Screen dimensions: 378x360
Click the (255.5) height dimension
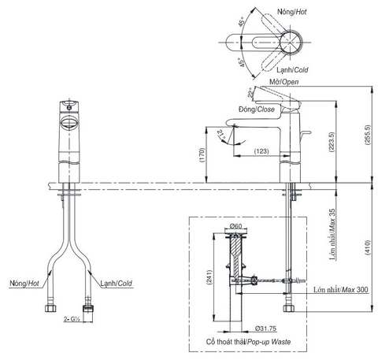[368, 135]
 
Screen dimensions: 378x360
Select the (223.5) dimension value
[332, 142]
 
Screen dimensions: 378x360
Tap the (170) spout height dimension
[202, 155]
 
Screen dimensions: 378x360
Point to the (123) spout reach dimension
[261, 151]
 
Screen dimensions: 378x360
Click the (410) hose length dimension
[368, 247]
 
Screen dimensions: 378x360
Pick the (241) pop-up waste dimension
[209, 277]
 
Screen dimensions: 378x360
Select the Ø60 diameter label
[235, 226]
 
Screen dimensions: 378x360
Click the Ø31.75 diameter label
[265, 328]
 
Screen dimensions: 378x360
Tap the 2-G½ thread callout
[72, 319]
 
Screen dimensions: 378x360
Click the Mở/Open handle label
[284, 82]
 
